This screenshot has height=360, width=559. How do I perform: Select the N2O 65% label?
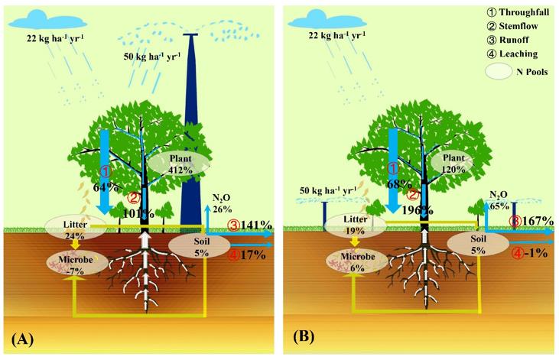coord(499,200)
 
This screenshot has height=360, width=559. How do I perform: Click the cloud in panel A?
coord(48,18)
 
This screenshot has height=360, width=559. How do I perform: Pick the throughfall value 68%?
coord(396,185)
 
